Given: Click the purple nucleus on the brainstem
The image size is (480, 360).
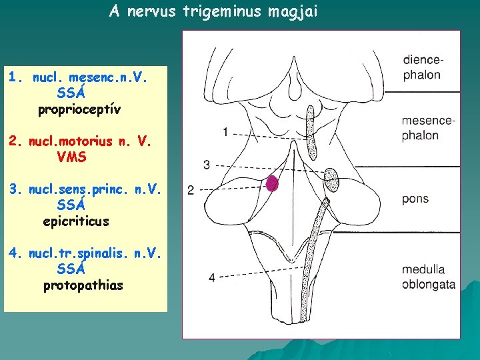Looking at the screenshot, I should tap(271, 184).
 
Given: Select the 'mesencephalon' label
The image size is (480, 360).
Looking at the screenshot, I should tap(428, 128).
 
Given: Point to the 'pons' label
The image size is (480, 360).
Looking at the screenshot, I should tap(415, 199).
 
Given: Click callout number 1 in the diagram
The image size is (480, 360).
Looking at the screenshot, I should tap(226, 131).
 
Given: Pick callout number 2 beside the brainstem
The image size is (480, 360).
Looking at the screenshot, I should tap(191, 191).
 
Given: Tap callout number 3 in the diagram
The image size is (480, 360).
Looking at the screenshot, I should tap(207, 164).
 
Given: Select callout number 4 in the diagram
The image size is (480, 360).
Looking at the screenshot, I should tap(211, 277).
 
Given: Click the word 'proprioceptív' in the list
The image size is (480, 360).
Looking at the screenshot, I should tap(79, 109).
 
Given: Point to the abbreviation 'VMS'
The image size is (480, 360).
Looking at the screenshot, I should tap(71, 157).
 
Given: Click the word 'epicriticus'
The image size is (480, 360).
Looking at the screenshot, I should tap(75, 221).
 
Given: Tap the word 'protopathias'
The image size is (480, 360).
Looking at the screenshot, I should tap(83, 285).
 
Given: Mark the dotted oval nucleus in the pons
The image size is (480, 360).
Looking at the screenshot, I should tap(331, 179).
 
